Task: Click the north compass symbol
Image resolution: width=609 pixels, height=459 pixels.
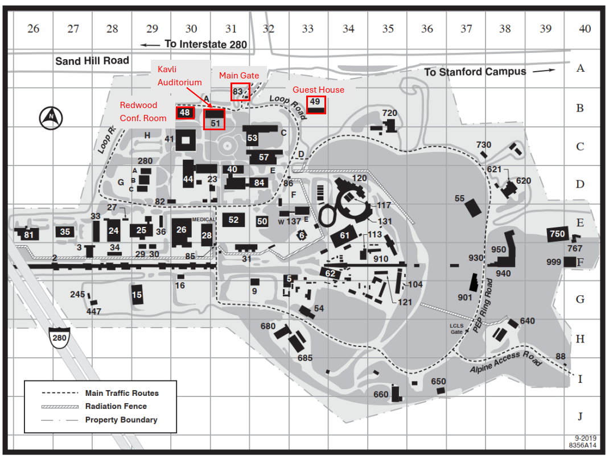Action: (48, 117)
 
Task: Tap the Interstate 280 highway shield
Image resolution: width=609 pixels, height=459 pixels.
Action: (59, 337)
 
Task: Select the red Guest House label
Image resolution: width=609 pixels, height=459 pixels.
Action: (318, 90)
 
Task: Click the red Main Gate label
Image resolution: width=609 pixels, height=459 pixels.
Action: (239, 75)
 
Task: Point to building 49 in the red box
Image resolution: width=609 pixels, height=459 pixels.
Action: (315, 103)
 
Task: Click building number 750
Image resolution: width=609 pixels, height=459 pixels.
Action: (557, 234)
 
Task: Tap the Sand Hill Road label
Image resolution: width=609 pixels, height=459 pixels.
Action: (92, 60)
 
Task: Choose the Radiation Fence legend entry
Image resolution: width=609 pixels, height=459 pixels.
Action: (116, 406)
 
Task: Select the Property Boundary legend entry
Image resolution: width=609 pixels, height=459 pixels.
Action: (121, 420)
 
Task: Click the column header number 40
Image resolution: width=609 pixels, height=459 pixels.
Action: (585, 28)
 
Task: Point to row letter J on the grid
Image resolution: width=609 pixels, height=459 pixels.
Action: (581, 416)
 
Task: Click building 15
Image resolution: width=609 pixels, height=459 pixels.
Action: (137, 295)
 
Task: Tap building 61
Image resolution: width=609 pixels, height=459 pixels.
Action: (344, 236)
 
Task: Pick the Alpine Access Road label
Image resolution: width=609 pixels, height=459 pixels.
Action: (505, 362)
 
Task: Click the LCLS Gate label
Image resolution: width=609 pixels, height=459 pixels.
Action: (456, 328)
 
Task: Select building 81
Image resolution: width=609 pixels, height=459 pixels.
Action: (28, 234)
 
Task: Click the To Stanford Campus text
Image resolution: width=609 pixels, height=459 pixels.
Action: (475, 72)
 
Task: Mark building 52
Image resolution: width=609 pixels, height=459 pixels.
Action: (233, 220)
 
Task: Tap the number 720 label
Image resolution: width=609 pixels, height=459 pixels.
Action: (389, 113)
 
